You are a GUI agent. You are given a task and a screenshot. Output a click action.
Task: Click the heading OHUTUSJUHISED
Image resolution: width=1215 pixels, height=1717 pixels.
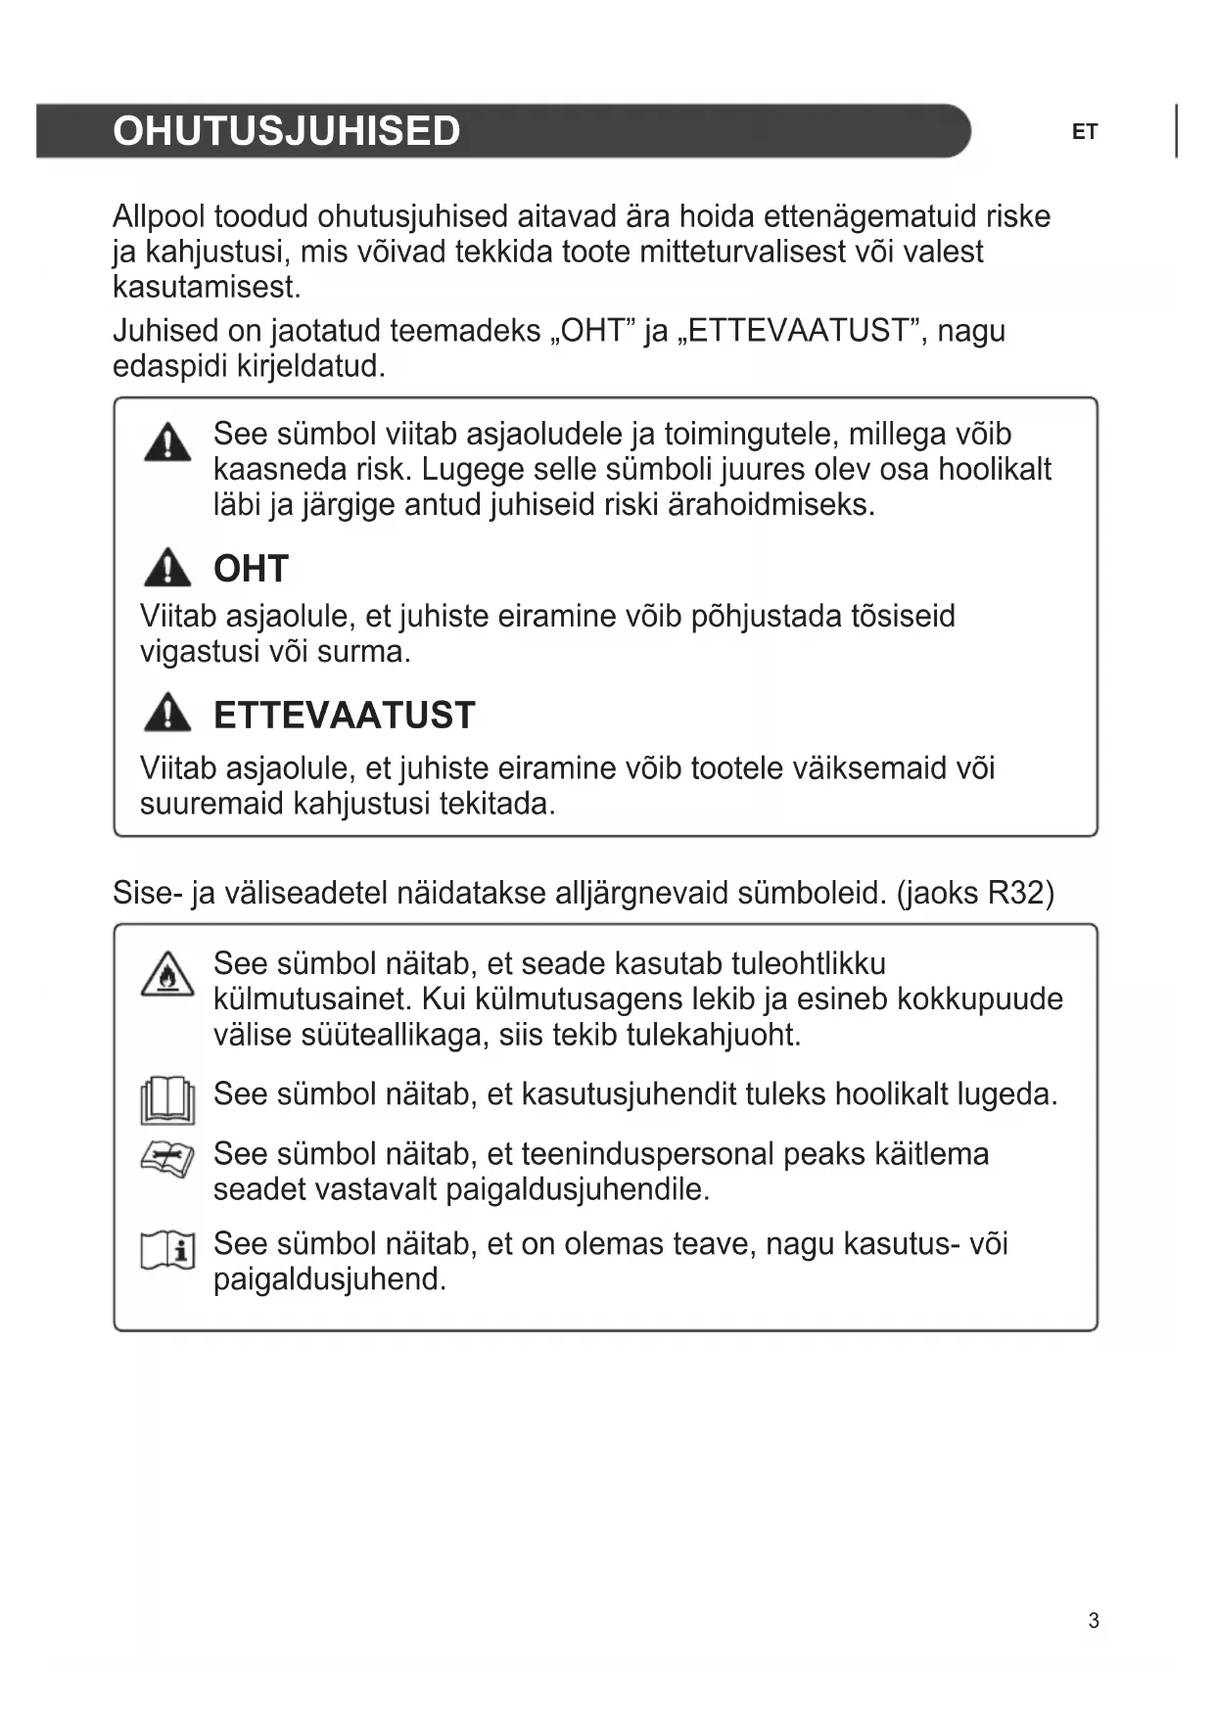[x=286, y=131]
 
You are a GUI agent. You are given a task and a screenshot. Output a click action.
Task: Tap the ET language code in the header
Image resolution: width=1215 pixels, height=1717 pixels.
[x=1085, y=132]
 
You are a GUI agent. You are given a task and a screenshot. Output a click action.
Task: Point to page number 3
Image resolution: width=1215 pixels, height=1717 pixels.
[x=1094, y=1621]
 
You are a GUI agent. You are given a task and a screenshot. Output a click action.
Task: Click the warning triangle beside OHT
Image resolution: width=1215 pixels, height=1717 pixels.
[x=167, y=568]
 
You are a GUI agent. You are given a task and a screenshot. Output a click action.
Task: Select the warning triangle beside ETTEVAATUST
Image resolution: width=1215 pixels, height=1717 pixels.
[x=167, y=714]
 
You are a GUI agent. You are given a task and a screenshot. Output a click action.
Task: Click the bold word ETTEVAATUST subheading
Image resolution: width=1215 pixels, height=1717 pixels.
[x=344, y=716]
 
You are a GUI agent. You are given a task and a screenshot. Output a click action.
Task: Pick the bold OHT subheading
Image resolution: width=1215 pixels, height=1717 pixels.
[x=251, y=569]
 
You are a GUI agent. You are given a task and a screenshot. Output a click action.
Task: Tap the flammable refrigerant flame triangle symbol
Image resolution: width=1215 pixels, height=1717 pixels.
[x=167, y=974]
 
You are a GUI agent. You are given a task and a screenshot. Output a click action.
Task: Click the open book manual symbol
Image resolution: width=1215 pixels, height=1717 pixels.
[x=167, y=1099]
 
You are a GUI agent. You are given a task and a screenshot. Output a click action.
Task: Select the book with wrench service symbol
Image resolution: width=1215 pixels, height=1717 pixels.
[x=167, y=1160]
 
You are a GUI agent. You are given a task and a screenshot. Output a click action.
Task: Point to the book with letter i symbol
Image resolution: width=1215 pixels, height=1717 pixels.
[x=167, y=1250]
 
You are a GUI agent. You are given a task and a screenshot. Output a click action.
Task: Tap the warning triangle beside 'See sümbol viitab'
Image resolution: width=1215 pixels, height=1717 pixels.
[x=167, y=442]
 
